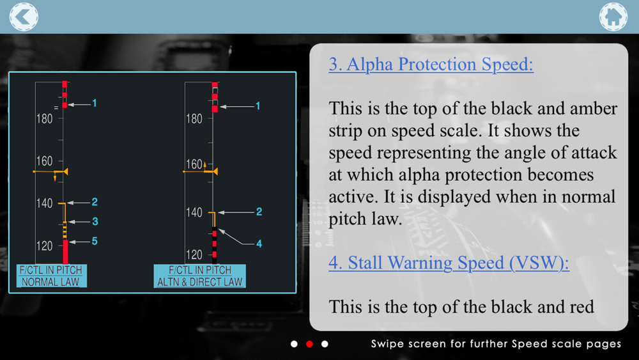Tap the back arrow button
coord(24,17)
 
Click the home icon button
coord(613,17)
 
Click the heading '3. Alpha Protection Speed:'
coord(431,64)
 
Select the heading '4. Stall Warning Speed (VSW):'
coord(449,263)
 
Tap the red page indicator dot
coord(309,344)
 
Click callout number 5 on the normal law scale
coord(95,241)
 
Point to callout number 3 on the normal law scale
coord(95,221)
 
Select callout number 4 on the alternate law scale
coord(259,244)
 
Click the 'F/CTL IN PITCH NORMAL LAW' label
coord(51,276)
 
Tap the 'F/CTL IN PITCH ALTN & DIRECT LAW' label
coord(199,276)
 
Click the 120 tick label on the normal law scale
coord(45,246)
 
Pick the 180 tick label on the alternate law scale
coord(194,119)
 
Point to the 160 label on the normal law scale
coord(45,161)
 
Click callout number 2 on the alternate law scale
coord(259,212)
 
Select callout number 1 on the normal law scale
coord(95,104)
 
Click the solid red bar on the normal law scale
coord(65,251)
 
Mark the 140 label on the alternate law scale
coord(194,212)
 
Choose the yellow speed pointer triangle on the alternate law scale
coord(215,171)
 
